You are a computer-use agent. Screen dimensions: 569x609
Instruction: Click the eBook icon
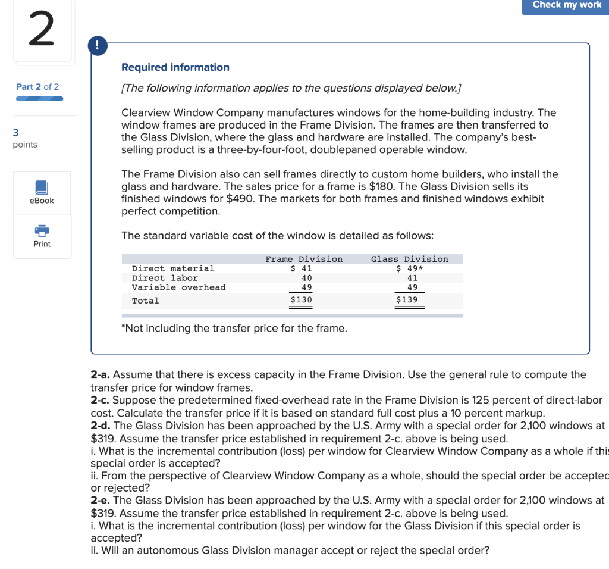click(x=42, y=188)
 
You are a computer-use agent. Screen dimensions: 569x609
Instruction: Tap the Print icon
click(x=42, y=231)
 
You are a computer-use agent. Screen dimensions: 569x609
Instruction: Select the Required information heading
click(x=175, y=67)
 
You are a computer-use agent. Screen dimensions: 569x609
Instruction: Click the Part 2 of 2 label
click(x=37, y=87)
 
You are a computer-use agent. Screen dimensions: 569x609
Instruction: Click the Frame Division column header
click(x=304, y=259)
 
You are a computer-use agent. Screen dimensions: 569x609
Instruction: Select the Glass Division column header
click(x=409, y=259)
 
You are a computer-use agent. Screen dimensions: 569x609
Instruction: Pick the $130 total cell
click(x=301, y=300)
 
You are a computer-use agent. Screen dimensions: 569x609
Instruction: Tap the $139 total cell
click(x=407, y=300)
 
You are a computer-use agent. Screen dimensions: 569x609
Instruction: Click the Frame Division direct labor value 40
click(x=307, y=278)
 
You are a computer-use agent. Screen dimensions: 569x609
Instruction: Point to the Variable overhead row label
click(x=178, y=287)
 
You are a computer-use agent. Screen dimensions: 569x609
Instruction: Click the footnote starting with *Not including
click(x=234, y=328)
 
